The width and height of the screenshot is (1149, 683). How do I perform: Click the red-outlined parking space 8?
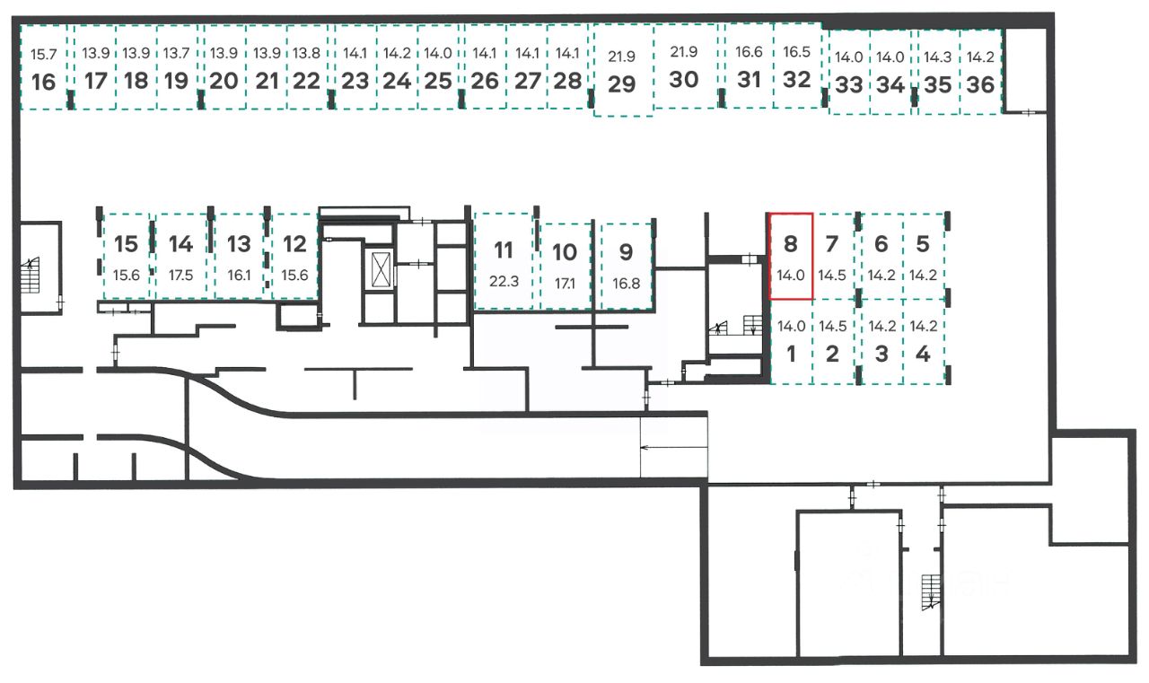point(791,256)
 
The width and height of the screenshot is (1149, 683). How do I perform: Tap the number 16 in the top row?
point(43,82)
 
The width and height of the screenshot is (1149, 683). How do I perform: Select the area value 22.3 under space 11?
point(504,281)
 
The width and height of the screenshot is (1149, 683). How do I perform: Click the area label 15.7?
point(43,54)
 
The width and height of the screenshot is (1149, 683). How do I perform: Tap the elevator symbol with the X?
point(381,269)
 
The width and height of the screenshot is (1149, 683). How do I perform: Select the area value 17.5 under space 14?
point(180,276)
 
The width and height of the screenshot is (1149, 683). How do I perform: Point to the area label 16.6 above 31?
point(749,52)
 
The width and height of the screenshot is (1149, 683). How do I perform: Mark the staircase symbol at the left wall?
point(31,276)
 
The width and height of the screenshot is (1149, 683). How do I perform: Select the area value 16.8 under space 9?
point(626,283)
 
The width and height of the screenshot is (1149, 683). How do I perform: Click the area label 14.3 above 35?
point(937,57)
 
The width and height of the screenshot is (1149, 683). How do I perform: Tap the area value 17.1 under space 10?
point(565,283)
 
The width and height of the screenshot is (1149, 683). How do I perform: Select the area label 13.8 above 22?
point(306,53)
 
